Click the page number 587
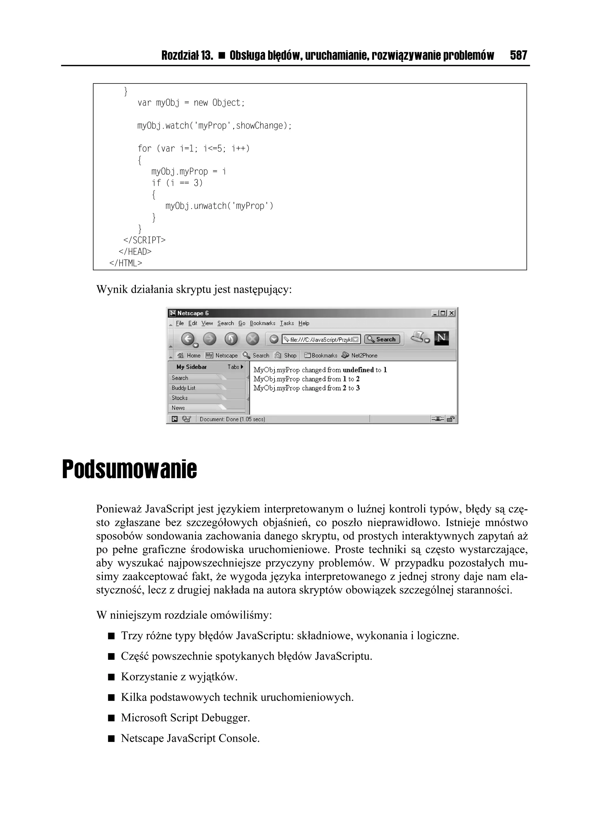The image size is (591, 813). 518,55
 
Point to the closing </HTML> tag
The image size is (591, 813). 126,263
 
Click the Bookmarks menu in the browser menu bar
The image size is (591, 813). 262,323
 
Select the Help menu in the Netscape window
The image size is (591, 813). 304,323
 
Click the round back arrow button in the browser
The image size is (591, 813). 188,339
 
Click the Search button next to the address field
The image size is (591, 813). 382,339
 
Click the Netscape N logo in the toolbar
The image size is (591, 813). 441,338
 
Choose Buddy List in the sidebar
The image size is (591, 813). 184,388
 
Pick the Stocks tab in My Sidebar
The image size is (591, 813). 179,398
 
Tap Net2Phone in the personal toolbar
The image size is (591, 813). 364,356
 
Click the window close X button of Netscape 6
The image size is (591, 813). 452,313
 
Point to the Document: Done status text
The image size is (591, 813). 232,419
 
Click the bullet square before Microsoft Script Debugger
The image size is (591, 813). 111,718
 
